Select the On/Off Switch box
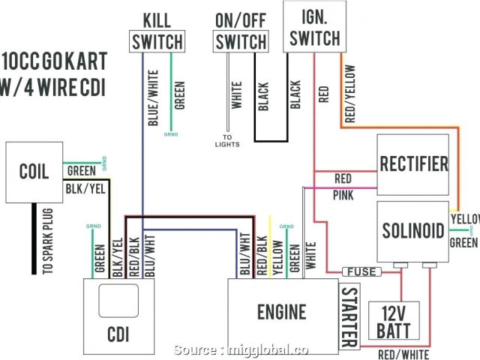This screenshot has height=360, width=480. pos(240,42)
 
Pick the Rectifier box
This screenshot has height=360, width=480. pos(413,163)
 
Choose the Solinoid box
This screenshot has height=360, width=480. pos(413,229)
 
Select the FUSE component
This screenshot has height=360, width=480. pos(361,271)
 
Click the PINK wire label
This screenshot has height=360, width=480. pos(343,194)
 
